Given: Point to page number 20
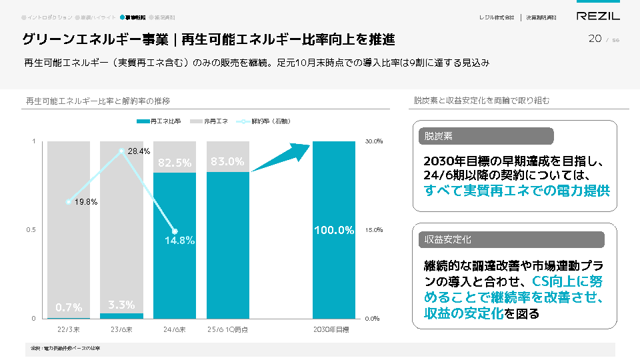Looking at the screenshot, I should tap(595, 39).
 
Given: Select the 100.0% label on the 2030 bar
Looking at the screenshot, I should tap(334, 231).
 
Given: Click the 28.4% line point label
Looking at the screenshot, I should tap(139, 151).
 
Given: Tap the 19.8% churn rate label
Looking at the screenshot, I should tap(86, 201).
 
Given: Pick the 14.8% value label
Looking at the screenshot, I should tap(179, 241).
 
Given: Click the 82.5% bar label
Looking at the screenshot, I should tap(175, 162).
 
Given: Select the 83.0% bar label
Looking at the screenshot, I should tap(227, 161).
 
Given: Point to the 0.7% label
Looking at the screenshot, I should tap(69, 307).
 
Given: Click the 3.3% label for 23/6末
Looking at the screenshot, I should tap(121, 305).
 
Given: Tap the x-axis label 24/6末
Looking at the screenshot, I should tap(175, 329).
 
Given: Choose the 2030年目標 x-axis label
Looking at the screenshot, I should tap(334, 329).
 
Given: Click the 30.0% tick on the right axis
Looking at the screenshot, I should tap(374, 141).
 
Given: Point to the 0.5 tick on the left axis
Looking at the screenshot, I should tap(31, 230).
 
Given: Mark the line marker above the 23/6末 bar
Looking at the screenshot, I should tap(121, 151).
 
